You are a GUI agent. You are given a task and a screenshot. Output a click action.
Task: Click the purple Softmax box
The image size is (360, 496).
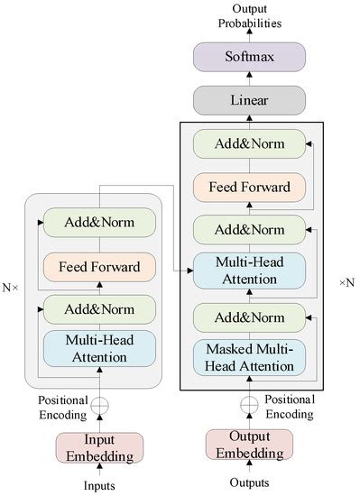tap(250, 57)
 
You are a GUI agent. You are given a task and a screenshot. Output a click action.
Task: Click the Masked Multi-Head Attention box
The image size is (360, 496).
tap(250, 358)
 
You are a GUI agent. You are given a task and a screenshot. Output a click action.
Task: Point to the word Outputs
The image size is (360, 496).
tap(250, 482)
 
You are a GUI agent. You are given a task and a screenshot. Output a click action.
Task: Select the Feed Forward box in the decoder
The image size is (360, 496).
tap(250, 187)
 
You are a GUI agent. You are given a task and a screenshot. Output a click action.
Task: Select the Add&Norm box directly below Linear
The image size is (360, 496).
tap(250, 143)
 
